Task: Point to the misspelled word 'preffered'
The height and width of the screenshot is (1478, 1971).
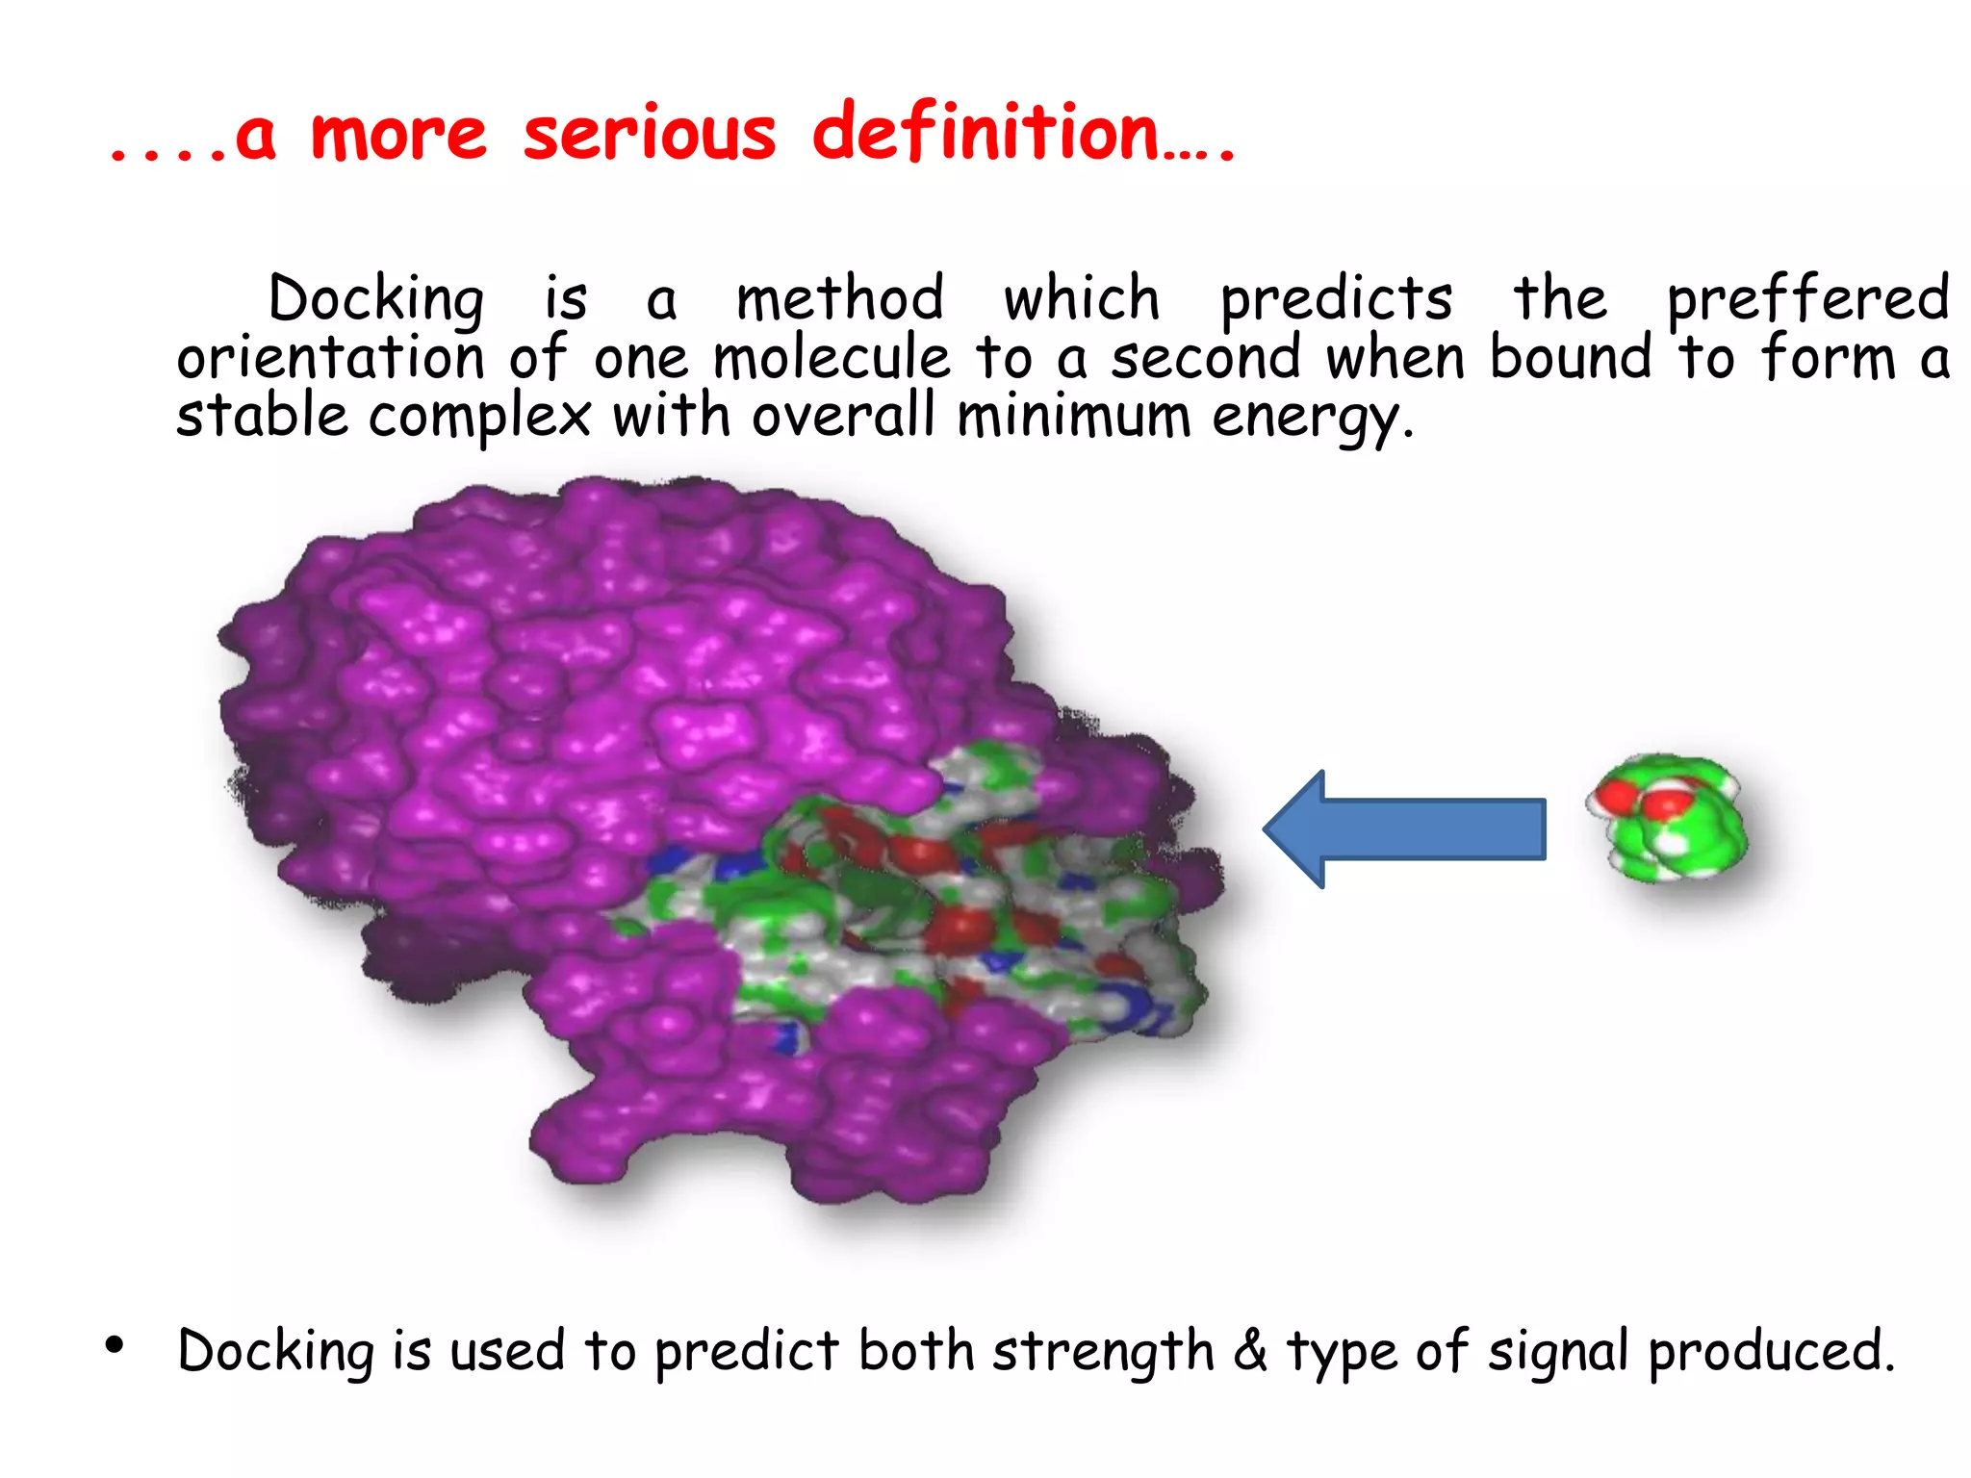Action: (1807, 299)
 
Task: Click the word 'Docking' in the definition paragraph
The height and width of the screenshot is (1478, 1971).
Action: (375, 299)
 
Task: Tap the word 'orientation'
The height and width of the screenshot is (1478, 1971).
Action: (330, 358)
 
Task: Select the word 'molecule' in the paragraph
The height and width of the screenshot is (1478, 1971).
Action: (832, 358)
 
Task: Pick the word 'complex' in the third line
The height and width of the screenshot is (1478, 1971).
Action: (479, 419)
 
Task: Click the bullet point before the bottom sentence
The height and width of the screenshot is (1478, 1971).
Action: (115, 1345)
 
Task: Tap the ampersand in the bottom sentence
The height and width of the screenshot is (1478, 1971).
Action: (1250, 1349)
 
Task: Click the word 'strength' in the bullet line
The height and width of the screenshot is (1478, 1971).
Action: (1103, 1351)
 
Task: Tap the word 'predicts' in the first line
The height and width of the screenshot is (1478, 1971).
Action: (1336, 299)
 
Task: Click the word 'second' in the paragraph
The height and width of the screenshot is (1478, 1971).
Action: (1206, 358)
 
